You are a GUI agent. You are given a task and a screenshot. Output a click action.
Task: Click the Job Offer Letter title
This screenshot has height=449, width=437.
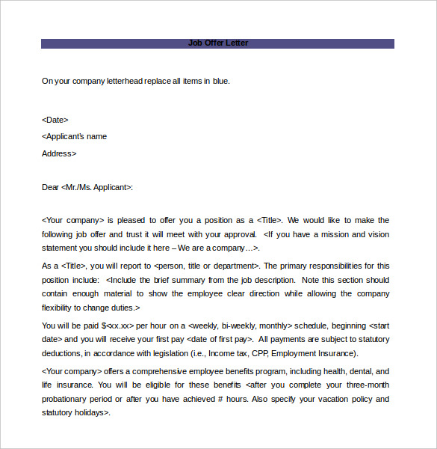pos(218,43)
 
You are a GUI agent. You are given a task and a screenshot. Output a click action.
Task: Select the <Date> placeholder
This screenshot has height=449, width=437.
pos(55,119)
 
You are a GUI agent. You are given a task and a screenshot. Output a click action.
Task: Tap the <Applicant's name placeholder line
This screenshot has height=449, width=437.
pos(74,136)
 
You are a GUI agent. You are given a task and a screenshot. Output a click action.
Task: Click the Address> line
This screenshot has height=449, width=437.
pos(59,153)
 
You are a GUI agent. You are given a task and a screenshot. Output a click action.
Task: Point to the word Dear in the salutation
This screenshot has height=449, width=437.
pos(50,187)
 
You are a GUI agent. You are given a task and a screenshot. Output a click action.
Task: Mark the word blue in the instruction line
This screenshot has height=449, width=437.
pos(220,81)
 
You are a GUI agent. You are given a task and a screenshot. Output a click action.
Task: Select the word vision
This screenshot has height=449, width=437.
pos(378,234)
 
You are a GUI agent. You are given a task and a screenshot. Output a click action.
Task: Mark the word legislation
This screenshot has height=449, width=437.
pos(155,353)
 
